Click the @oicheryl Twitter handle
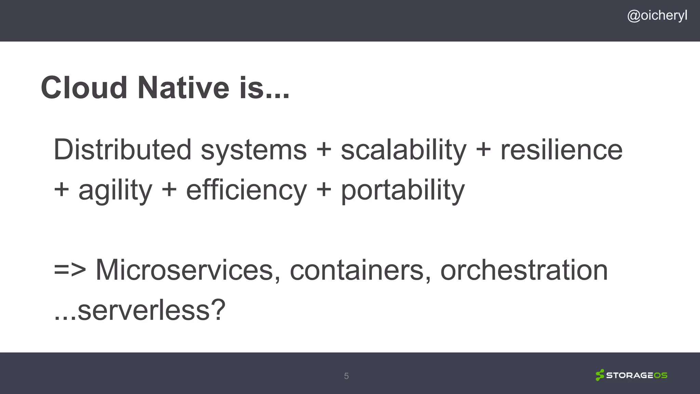click(657, 16)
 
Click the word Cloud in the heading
click(84, 88)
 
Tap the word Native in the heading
click(183, 88)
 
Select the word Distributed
click(122, 150)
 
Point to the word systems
click(254, 150)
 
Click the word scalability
click(403, 150)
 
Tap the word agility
click(115, 191)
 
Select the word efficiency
click(246, 191)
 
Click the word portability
click(403, 191)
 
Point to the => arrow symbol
click(70, 270)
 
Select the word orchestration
click(524, 270)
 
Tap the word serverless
click(144, 310)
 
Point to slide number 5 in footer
click(346, 376)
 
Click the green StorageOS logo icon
click(600, 375)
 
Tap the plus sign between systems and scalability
click(324, 150)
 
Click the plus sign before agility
click(62, 190)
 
